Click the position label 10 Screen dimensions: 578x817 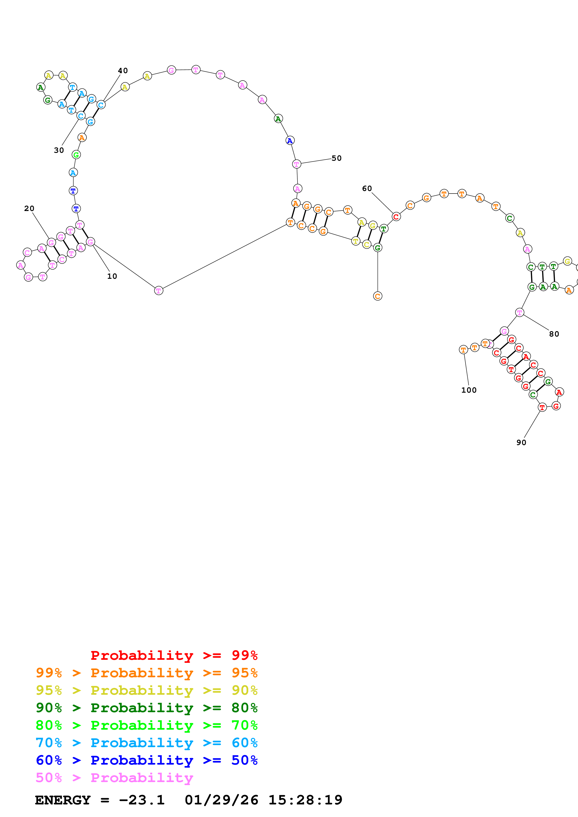click(x=112, y=276)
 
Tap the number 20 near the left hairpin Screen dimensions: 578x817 click(x=29, y=208)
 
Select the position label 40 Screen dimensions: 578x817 click(x=123, y=71)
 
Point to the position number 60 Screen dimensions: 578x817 click(x=367, y=189)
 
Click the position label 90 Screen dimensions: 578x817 click(x=521, y=442)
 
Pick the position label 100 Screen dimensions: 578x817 click(x=469, y=390)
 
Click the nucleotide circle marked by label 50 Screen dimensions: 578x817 click(x=296, y=164)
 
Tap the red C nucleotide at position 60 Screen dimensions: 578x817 click(x=396, y=216)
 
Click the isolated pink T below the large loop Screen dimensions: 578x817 click(x=159, y=290)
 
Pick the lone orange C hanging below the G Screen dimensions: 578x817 click(x=377, y=296)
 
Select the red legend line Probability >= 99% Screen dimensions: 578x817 click(x=174, y=655)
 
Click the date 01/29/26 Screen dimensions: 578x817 click(x=221, y=800)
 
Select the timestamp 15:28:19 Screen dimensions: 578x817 click(x=305, y=800)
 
